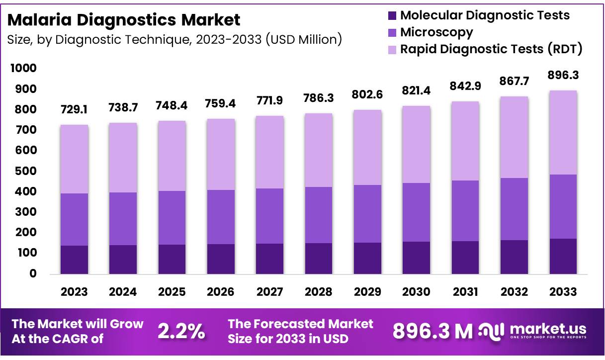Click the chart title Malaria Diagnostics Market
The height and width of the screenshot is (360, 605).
tap(124, 20)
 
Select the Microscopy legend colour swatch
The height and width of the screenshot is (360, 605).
tap(392, 33)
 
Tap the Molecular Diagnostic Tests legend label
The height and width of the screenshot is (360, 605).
tap(485, 15)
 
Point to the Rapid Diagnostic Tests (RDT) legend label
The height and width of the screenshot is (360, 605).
tap(491, 49)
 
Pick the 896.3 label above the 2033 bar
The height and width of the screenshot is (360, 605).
tap(563, 75)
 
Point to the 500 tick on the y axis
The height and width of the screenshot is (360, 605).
tap(27, 171)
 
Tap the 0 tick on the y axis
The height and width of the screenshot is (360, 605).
tap(33, 273)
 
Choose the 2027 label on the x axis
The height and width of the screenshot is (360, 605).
tap(269, 292)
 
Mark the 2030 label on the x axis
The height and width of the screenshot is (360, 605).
tap(416, 292)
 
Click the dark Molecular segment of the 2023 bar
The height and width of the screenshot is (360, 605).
tap(74, 260)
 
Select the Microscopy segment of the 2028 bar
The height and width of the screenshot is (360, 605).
tap(318, 215)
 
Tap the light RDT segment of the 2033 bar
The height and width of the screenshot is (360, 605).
tap(563, 133)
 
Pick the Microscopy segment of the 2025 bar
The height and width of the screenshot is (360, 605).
tap(172, 217)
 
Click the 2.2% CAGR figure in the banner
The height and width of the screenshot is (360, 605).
tap(181, 332)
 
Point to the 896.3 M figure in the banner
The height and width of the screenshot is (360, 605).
tap(432, 332)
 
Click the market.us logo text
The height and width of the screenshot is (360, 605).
tap(548, 329)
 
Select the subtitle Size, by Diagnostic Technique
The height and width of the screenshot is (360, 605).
tap(174, 39)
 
